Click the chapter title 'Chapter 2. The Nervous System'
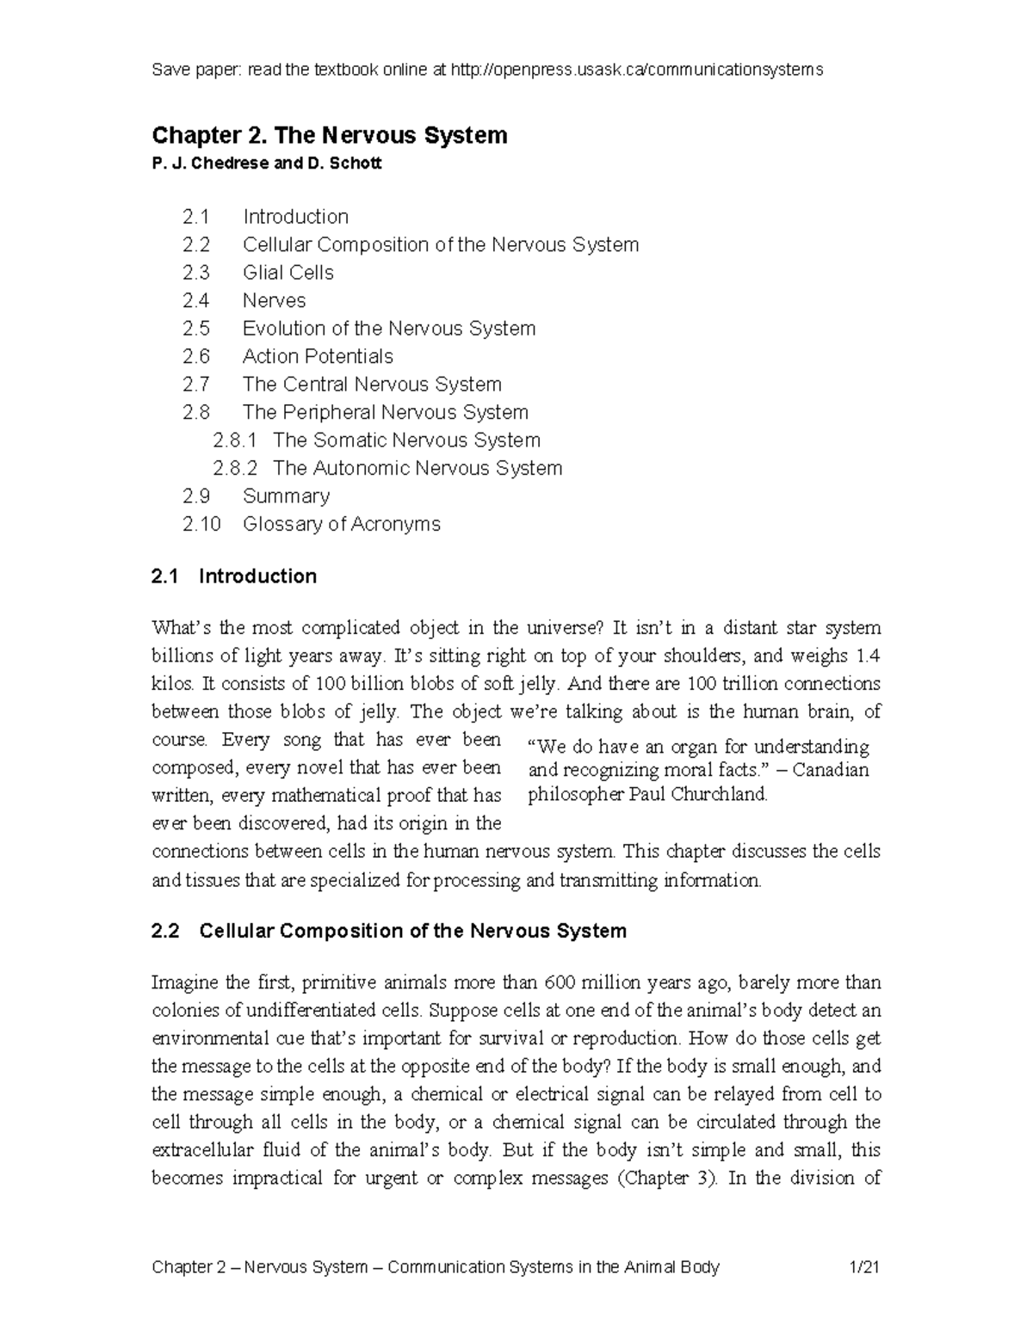coord(329,135)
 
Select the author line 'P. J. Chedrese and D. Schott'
coord(266,163)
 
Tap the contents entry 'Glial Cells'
coord(288,273)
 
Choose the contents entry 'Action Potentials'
coord(318,356)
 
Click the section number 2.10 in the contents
coord(201,524)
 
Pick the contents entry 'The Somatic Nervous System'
coord(406,440)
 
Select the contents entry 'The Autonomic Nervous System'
coord(417,468)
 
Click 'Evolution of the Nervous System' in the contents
coord(389,329)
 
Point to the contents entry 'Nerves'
coord(274,300)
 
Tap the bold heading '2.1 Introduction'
coord(234,576)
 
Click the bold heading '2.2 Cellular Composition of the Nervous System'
coord(389,931)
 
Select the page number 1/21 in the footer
coord(863,1267)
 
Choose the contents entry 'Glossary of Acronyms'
coord(341,524)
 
